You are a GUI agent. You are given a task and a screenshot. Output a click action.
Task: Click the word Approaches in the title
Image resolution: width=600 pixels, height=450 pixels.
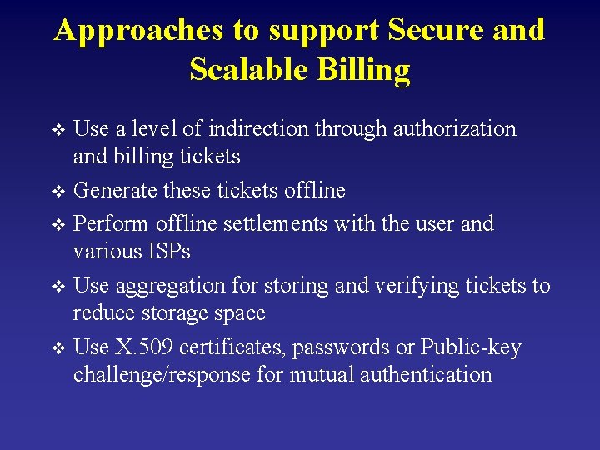[138, 31]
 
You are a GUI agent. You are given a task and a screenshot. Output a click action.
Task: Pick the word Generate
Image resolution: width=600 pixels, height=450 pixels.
[114, 191]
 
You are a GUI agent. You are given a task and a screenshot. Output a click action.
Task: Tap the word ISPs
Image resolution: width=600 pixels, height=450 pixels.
[161, 251]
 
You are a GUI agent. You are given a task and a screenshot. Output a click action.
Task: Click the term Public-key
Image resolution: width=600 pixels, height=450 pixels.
[470, 347]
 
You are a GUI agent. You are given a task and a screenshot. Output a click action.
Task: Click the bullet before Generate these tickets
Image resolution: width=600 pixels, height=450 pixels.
[57, 192]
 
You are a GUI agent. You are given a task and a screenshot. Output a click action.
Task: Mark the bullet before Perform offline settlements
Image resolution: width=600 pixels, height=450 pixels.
[57, 224]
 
